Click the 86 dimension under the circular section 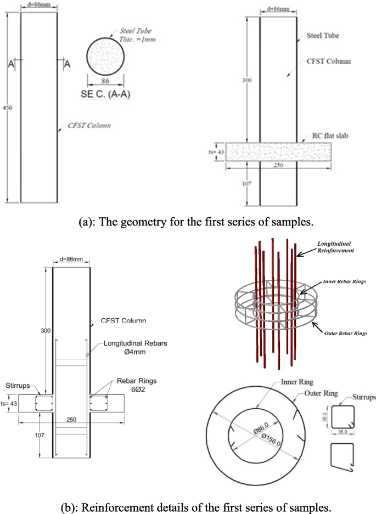[x=105, y=80]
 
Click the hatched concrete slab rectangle [x=279, y=152]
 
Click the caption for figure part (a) [x=188, y=222]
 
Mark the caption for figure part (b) [x=188, y=505]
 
